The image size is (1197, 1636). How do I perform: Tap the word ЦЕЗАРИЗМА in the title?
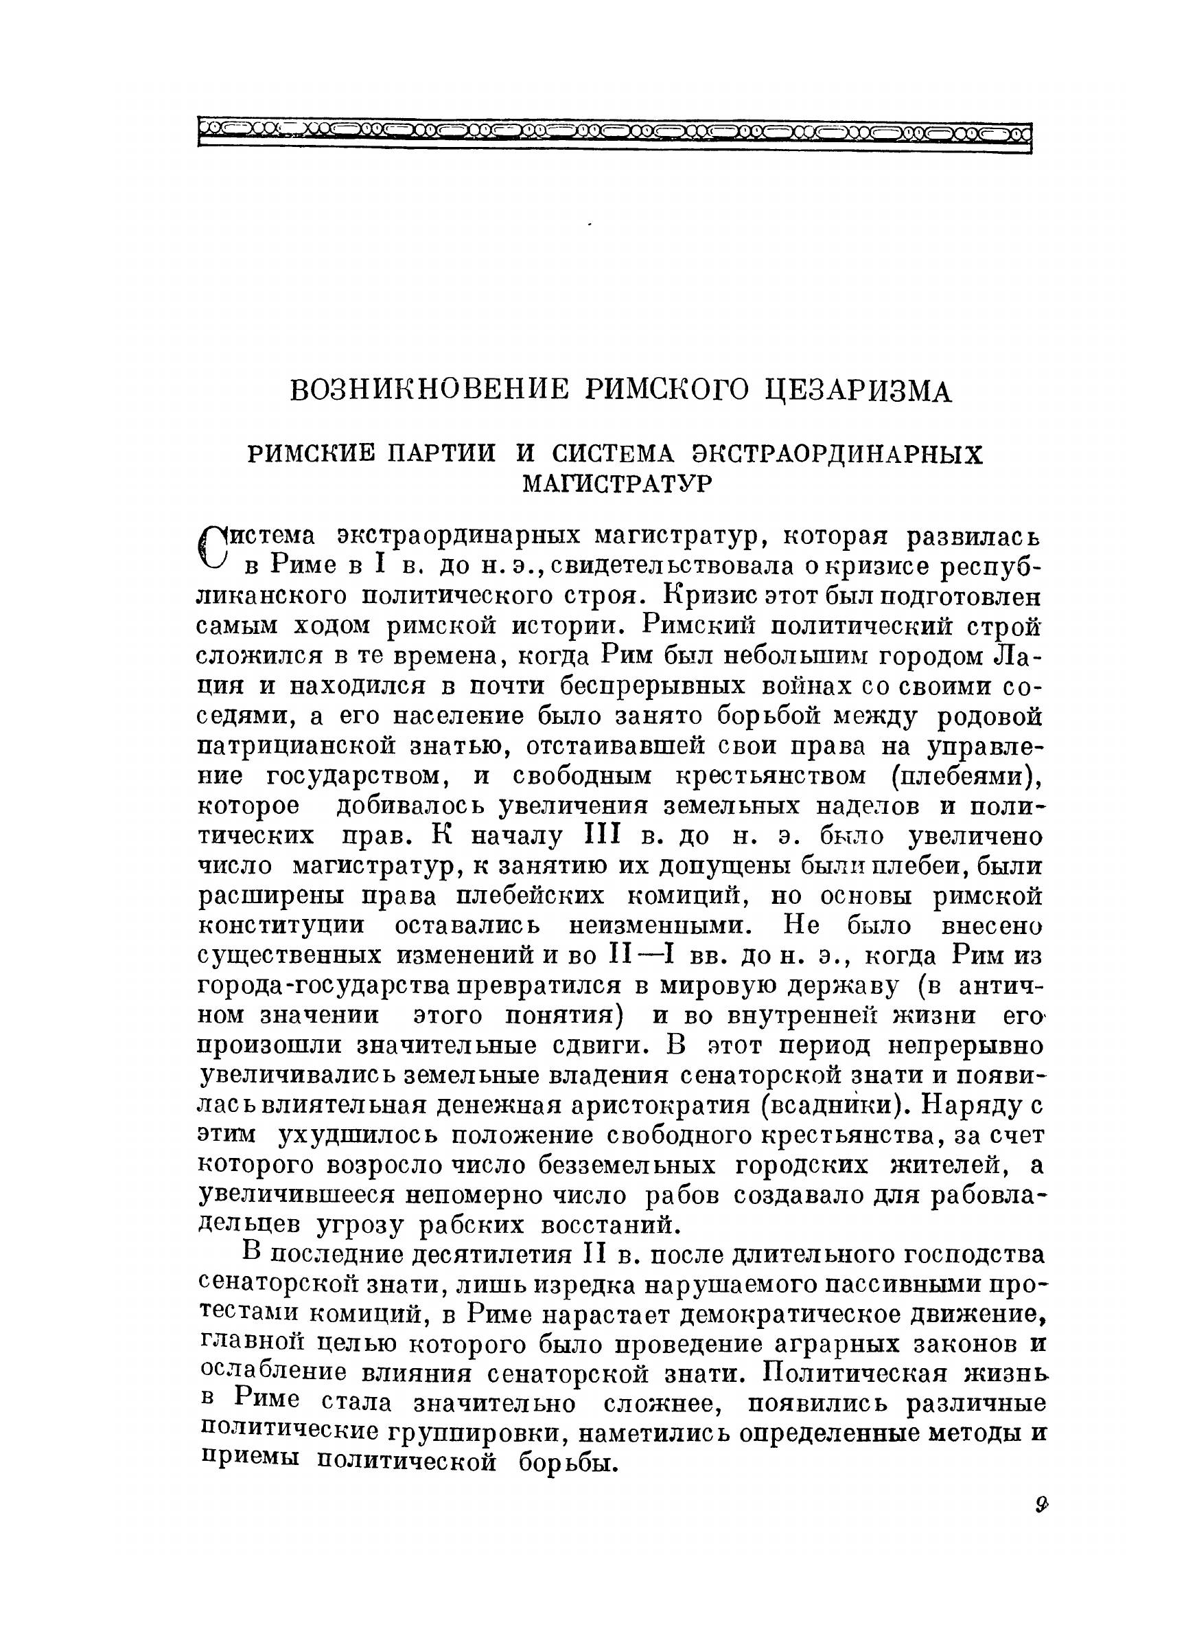click(x=859, y=391)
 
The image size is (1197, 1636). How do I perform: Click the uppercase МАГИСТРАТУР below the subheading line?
click(x=617, y=483)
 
